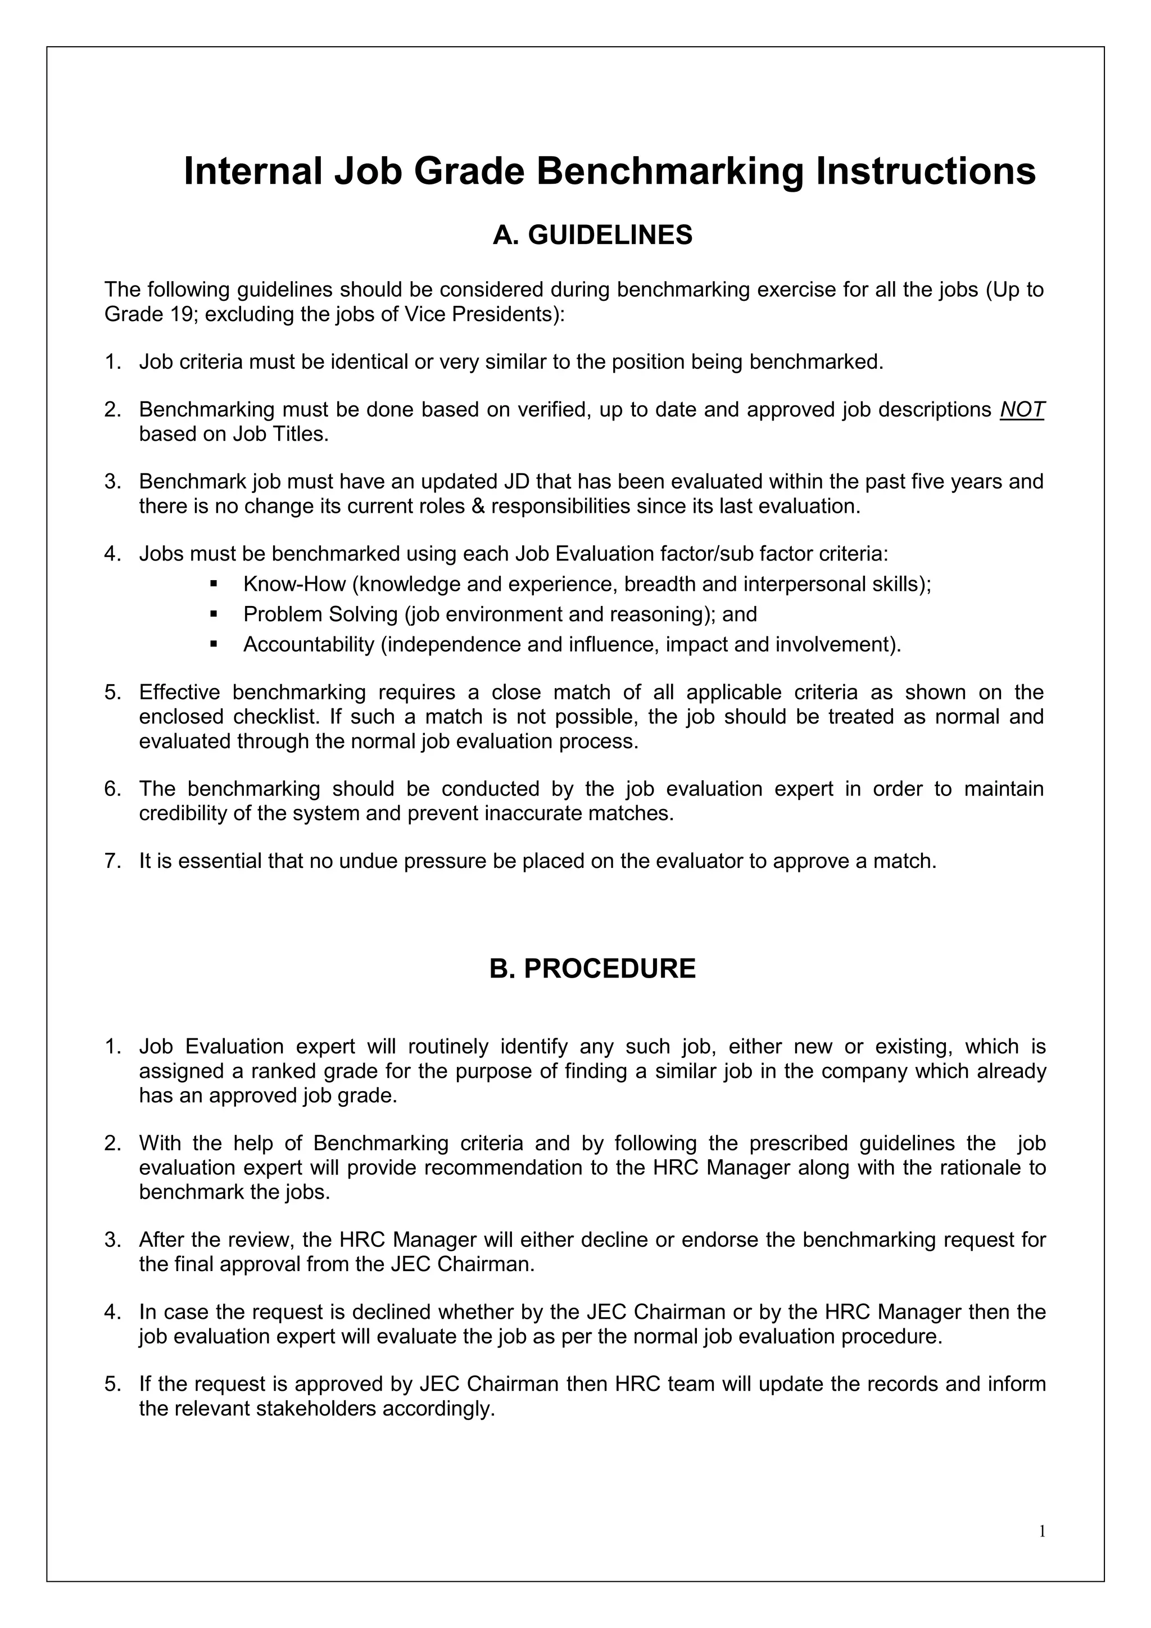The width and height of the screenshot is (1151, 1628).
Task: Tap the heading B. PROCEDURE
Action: [x=592, y=969]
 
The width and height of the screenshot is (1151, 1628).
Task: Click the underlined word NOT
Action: [x=1022, y=410]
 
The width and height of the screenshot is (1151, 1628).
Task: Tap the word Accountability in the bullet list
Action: [x=309, y=645]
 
